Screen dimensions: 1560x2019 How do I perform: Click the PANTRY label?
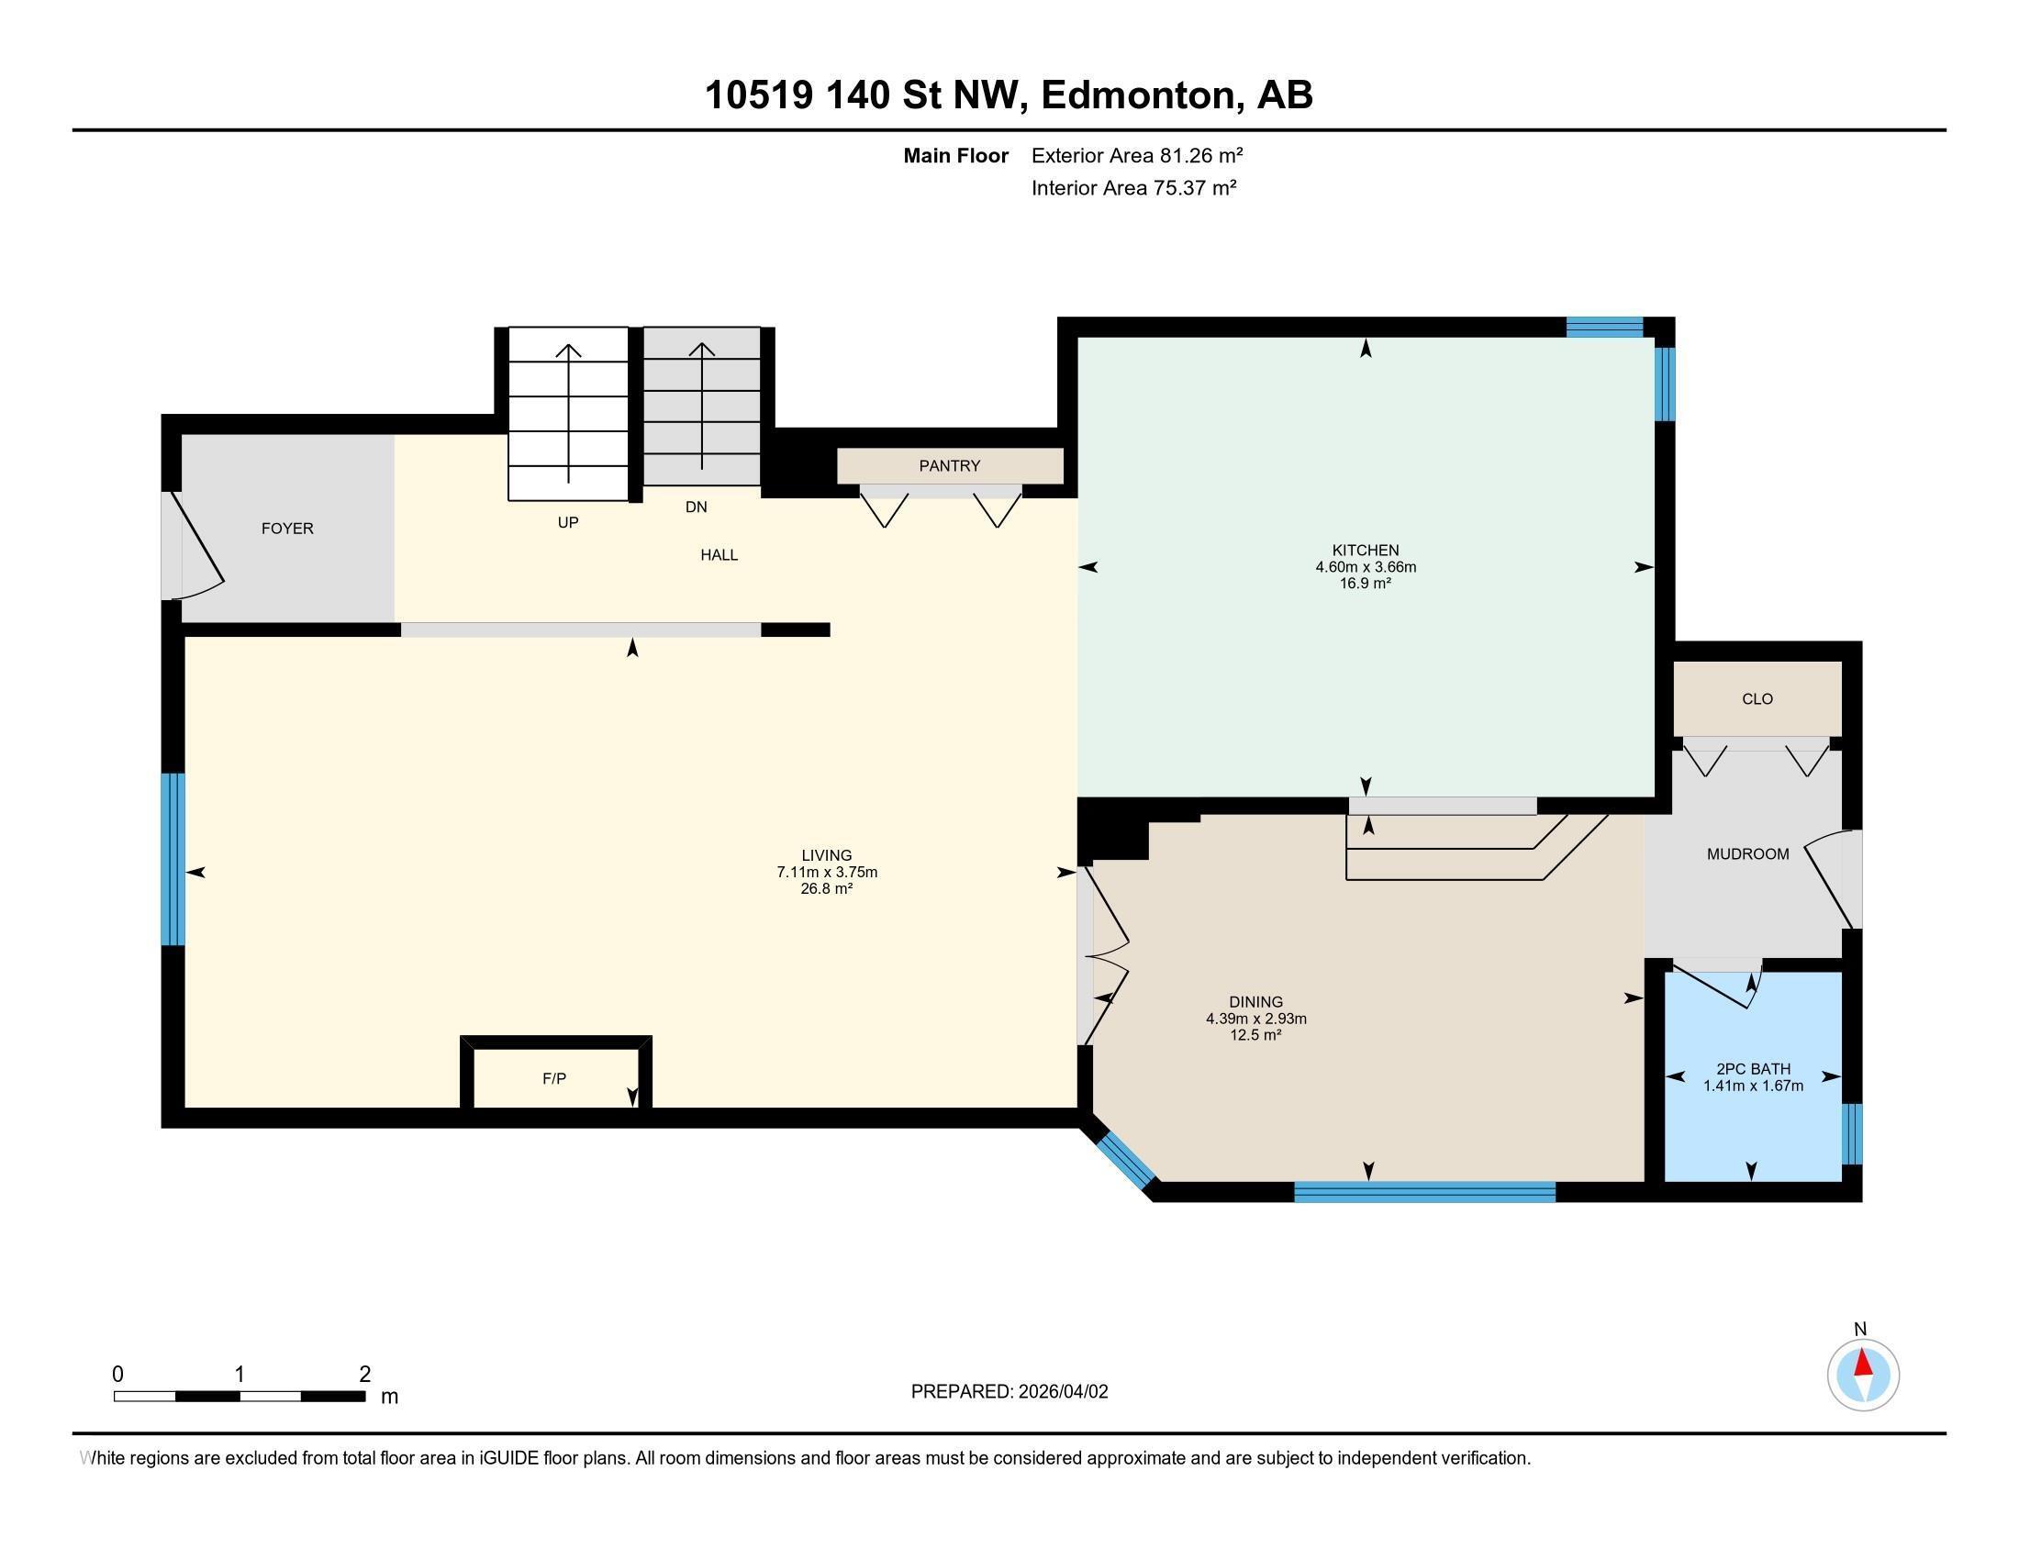click(949, 466)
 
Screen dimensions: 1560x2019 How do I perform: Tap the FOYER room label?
click(287, 529)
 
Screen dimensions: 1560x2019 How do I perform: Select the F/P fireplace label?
click(553, 1078)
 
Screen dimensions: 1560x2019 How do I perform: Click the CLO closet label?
click(1757, 698)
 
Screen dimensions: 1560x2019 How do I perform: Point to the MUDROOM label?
click(1747, 854)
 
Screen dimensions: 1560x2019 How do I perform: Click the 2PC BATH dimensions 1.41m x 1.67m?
click(1753, 1086)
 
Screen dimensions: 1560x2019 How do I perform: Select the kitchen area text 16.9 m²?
click(1366, 583)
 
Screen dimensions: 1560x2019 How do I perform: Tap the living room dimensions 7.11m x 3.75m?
click(827, 872)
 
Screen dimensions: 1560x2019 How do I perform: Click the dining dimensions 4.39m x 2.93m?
click(1255, 1019)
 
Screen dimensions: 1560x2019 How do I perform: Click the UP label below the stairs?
click(567, 522)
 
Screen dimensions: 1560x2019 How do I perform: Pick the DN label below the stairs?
click(696, 507)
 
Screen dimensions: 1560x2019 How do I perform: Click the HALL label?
click(719, 554)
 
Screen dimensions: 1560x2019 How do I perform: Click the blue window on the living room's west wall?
click(173, 859)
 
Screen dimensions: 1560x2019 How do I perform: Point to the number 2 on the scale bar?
click(364, 1375)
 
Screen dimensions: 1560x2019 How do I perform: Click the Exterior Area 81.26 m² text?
click(1136, 155)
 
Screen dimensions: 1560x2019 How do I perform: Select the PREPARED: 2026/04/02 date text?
click(1009, 1392)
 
